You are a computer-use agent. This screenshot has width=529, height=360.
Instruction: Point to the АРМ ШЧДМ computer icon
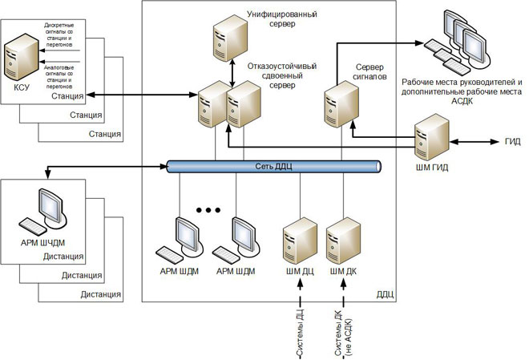point(46,214)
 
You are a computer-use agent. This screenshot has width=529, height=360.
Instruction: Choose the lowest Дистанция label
point(100,294)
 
